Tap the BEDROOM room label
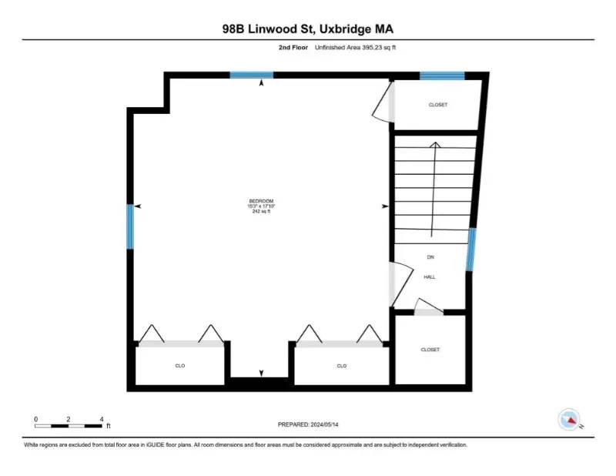click(260, 201)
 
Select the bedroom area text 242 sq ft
click(260, 211)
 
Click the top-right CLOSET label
click(437, 105)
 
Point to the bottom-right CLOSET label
click(430, 350)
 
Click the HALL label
click(430, 277)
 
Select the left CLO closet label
click(180, 366)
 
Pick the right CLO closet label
click(341, 366)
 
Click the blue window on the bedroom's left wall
click(130, 226)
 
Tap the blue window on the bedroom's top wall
click(252, 75)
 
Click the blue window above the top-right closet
click(442, 75)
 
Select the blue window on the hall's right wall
click(470, 250)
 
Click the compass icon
click(568, 418)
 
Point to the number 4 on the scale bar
click(102, 419)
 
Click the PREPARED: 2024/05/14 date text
click(308, 424)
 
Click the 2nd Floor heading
click(296, 47)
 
